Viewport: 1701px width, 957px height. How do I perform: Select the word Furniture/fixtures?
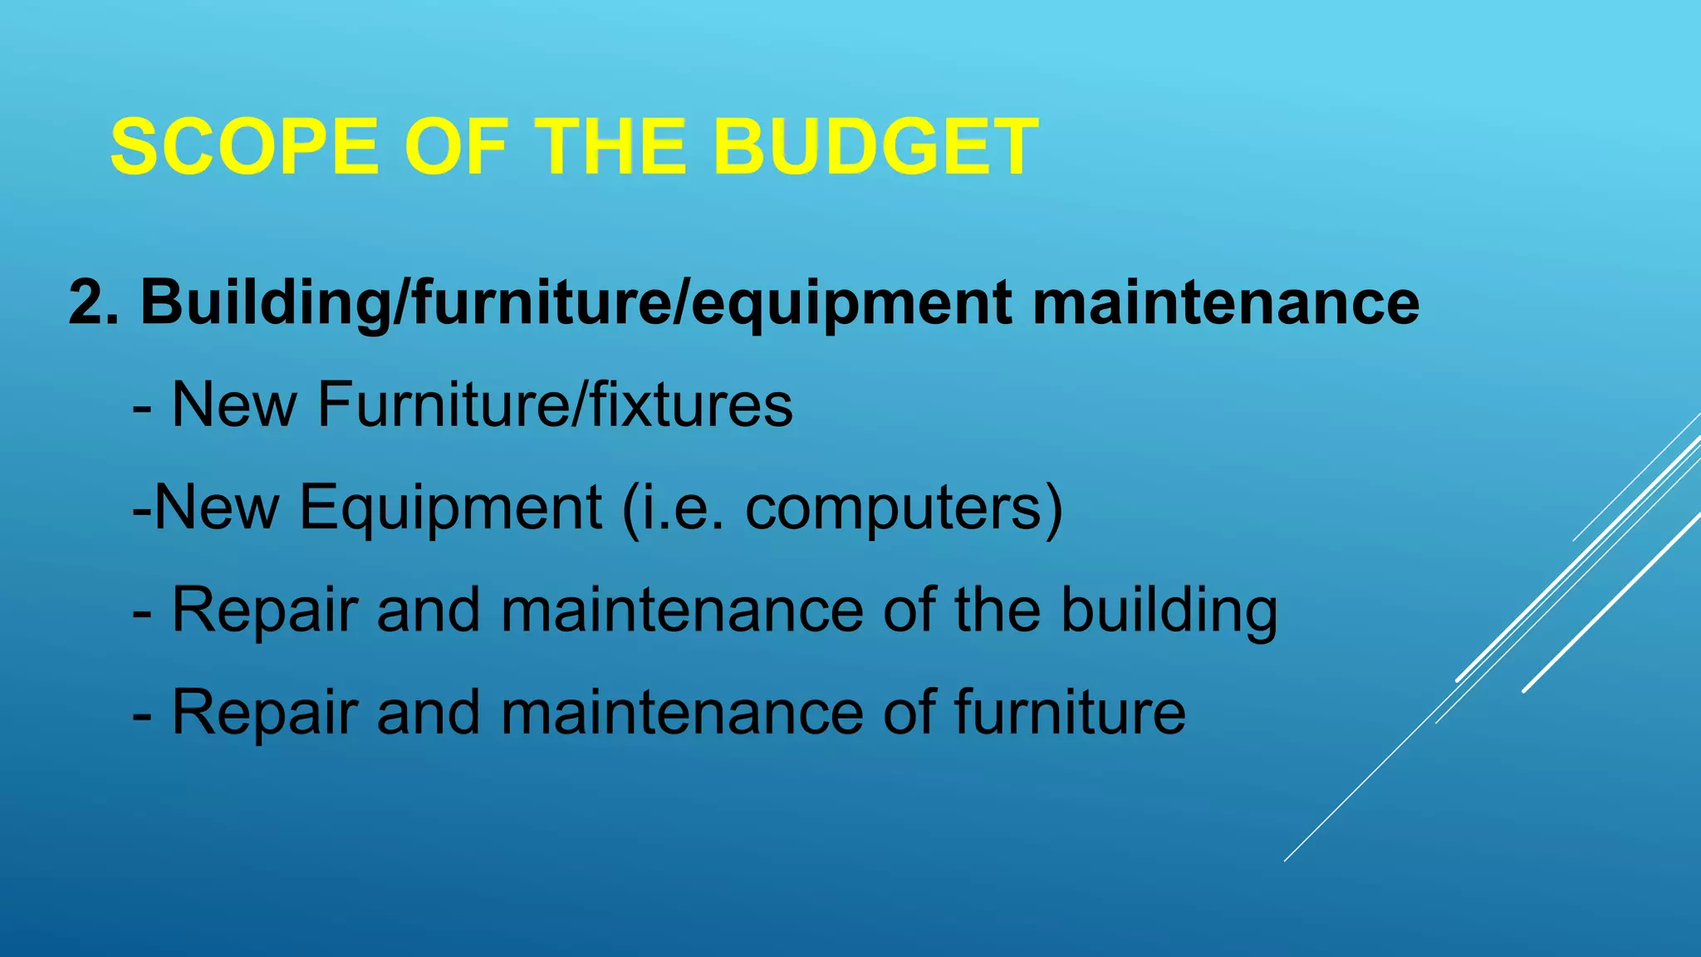[554, 405]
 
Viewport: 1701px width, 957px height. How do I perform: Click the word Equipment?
[449, 508]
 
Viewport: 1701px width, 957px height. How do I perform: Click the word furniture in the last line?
[1070, 713]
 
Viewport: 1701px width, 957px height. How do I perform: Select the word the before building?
[997, 611]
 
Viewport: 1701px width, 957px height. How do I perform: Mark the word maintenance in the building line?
[682, 611]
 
